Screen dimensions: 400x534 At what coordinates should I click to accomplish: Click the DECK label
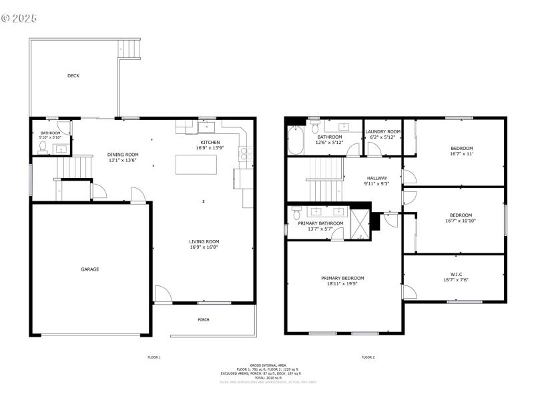point(73,76)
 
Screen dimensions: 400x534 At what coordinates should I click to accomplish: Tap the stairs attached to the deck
point(131,49)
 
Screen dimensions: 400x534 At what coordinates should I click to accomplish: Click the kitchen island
point(196,164)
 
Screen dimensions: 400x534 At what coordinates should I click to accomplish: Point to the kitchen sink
point(207,125)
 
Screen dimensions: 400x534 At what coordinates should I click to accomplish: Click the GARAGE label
point(90,269)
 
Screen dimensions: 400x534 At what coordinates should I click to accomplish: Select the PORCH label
point(204,319)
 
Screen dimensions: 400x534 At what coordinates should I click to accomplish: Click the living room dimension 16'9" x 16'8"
point(204,247)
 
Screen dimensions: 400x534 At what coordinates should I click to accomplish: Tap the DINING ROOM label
point(123,155)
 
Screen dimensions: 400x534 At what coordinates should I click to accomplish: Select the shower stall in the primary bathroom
point(360,223)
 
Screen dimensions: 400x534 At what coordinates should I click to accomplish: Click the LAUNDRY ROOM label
point(383,132)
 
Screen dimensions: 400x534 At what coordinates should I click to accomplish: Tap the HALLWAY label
point(376,178)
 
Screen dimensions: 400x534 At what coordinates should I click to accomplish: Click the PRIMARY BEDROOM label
point(342,278)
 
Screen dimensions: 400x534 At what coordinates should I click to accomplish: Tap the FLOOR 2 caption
point(368,357)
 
